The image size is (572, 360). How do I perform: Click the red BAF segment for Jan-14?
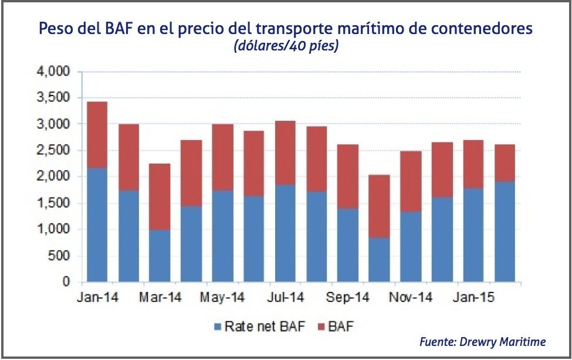click(97, 135)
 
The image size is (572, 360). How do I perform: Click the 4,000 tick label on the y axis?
click(53, 72)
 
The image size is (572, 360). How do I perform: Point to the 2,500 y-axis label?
click(53, 151)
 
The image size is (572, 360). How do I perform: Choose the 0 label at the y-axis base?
click(66, 282)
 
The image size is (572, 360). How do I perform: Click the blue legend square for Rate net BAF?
click(217, 327)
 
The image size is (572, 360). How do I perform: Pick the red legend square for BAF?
click(321, 327)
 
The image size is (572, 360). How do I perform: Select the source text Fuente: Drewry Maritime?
click(482, 342)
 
